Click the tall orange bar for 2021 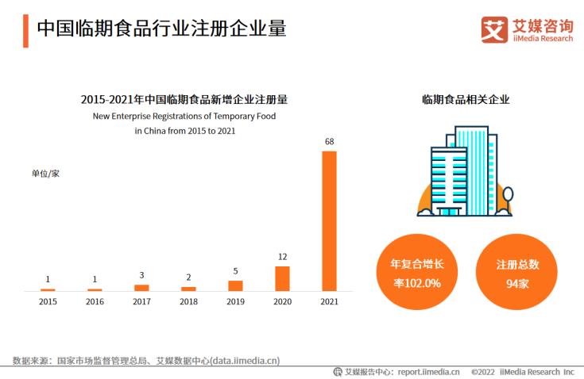(329, 220)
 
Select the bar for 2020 (282, 278)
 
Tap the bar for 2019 (235, 285)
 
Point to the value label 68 (329, 141)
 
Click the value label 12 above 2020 (282, 257)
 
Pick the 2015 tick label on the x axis (48, 302)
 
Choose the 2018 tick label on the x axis (188, 302)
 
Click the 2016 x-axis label (95, 302)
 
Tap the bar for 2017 (141, 287)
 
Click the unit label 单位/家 (45, 173)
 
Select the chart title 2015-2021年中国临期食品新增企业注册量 (184, 100)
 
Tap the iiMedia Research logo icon (494, 29)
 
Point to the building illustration (464, 172)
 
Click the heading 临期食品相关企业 (466, 100)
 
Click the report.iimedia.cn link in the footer (428, 370)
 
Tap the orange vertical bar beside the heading (25, 29)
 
